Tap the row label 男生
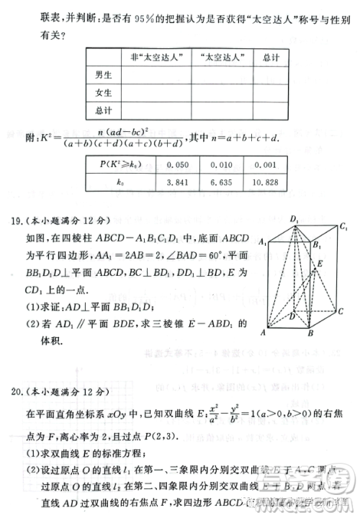click(x=103, y=74)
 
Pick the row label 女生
click(x=103, y=92)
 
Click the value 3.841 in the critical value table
click(x=176, y=183)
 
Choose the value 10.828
click(x=270, y=183)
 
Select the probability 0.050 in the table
click(x=176, y=164)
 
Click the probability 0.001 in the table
click(x=270, y=164)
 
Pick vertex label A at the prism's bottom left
click(x=264, y=333)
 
